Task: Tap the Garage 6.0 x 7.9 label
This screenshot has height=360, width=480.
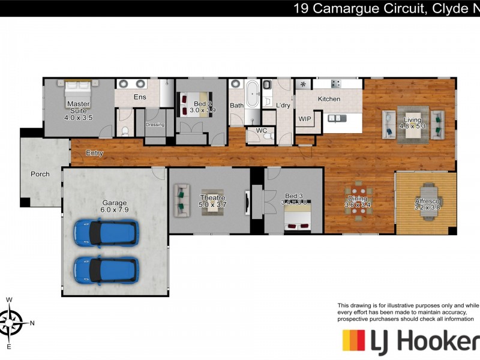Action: (x=115, y=206)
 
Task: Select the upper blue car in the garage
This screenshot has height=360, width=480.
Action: (x=106, y=232)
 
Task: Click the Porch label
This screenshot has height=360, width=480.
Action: (x=40, y=175)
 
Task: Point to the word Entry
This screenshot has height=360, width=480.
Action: (x=94, y=154)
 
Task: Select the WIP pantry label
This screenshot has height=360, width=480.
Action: (x=305, y=119)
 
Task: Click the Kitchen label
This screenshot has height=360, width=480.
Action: (x=329, y=99)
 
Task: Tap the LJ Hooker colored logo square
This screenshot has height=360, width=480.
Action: (x=354, y=341)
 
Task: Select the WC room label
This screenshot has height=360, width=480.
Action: (x=261, y=130)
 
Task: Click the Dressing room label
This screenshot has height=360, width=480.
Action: (x=155, y=125)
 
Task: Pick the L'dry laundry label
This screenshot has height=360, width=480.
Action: (x=283, y=106)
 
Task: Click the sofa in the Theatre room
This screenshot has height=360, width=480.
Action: (x=179, y=200)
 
